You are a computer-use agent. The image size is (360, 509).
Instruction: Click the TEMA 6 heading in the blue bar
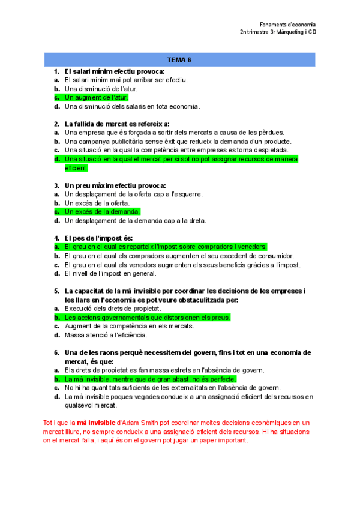[x=179, y=60]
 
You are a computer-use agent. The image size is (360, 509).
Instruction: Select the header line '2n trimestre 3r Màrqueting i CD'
[x=277, y=32]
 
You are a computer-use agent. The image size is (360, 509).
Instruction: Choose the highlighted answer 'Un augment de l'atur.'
[x=96, y=97]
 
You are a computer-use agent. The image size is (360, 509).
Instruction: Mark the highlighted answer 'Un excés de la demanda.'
[x=102, y=212]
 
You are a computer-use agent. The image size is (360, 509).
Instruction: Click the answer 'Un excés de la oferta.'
[x=97, y=203]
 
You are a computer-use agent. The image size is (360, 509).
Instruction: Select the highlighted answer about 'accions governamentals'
[x=147, y=318]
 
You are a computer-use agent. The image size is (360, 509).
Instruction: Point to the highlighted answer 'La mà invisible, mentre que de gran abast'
[x=150, y=379]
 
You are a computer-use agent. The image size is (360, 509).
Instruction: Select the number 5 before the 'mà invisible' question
[x=56, y=291]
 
